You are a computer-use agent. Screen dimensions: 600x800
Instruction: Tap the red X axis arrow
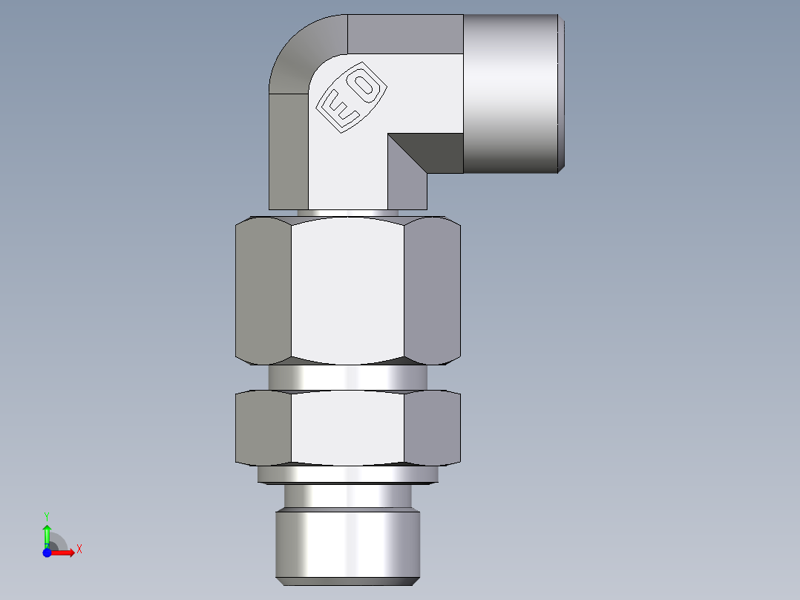(x=65, y=552)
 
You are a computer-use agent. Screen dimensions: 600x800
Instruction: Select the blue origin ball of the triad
(x=47, y=552)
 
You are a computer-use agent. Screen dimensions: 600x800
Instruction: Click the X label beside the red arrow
(x=79, y=550)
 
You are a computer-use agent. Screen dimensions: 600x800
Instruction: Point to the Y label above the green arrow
(x=47, y=515)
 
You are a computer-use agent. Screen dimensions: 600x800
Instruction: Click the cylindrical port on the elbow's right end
(x=512, y=93)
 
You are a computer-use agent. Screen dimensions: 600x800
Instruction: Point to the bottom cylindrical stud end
(x=347, y=542)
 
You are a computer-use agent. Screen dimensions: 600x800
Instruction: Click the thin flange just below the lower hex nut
(x=347, y=474)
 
